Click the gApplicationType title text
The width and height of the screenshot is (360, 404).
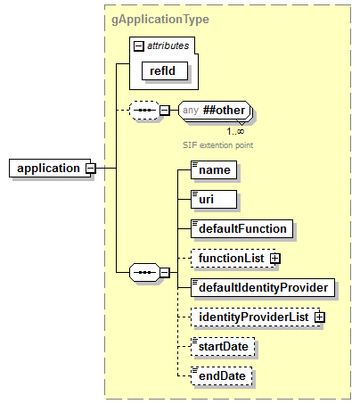pos(161,19)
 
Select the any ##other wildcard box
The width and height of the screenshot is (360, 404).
pos(214,111)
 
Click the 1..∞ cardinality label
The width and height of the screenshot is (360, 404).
pos(235,131)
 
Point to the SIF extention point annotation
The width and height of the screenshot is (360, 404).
pos(219,144)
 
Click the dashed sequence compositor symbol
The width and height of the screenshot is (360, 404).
pos(144,111)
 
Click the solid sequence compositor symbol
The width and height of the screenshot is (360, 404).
pos(144,270)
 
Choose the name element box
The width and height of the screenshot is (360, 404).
pos(214,169)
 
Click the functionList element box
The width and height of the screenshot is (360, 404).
pos(230,258)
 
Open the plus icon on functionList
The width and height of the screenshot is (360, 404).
pos(274,258)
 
